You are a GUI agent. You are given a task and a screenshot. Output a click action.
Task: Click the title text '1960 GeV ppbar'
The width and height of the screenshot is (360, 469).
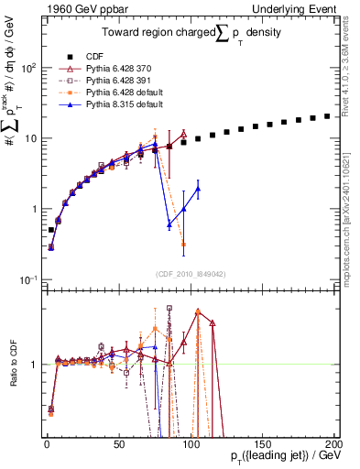79,8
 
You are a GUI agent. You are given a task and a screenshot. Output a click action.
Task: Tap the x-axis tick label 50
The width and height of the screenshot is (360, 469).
119,443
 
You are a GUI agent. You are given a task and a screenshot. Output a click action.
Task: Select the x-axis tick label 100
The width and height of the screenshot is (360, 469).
191,443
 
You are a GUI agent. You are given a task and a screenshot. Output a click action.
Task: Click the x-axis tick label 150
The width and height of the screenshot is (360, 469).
262,443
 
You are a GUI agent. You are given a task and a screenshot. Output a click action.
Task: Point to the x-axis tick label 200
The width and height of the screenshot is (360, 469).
333,443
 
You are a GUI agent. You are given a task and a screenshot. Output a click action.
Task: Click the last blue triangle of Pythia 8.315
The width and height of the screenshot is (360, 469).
198,189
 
